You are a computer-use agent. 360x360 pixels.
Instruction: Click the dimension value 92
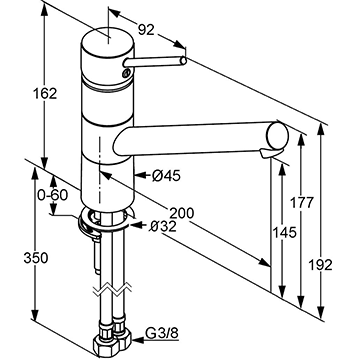(146, 30)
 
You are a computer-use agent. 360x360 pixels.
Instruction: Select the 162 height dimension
(45, 94)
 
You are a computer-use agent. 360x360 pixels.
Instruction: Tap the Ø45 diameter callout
(166, 176)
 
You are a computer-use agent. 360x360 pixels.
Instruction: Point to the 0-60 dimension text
(52, 195)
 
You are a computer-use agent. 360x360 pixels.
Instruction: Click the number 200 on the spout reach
(181, 213)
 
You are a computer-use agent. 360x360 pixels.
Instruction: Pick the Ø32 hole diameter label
(163, 227)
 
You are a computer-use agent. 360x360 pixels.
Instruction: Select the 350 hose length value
(36, 258)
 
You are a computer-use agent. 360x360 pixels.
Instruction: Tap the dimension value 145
(284, 232)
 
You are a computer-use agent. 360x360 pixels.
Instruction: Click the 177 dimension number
(302, 203)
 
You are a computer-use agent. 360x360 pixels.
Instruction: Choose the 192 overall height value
(320, 265)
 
